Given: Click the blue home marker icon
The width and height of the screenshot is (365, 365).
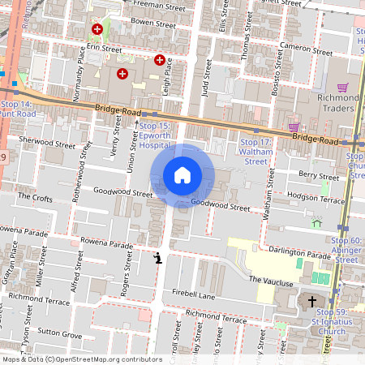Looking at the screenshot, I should [x=182, y=175].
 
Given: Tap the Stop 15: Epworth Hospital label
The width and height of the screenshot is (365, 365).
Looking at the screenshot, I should [x=154, y=136].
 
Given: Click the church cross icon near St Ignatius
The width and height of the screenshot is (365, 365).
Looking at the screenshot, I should [x=311, y=301].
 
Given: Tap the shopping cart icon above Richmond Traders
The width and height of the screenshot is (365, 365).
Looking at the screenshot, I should [x=342, y=88].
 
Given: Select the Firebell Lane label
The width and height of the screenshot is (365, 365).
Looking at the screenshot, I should [x=193, y=297].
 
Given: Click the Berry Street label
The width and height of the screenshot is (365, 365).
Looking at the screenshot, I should [x=318, y=174].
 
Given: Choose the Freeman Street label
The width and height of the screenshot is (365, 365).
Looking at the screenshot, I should [x=159, y=4].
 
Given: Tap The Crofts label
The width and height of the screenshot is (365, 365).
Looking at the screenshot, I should [x=35, y=197].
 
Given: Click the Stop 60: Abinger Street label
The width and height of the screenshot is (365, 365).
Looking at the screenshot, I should [x=346, y=250].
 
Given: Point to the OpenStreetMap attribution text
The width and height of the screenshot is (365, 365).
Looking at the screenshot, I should [x=82, y=359].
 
